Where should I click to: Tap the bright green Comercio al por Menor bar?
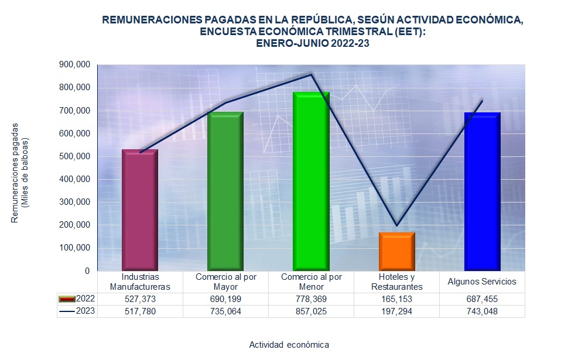coord(311,181)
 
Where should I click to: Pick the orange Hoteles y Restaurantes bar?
coord(396,251)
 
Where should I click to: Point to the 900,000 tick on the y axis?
coord(74,64)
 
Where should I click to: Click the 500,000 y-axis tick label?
coord(74,156)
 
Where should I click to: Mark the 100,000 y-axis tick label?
coord(74,248)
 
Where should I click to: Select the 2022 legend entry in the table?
coord(77,299)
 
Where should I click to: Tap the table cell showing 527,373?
coord(140,299)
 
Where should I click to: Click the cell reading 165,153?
coord(396,299)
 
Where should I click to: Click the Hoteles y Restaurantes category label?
coord(396,282)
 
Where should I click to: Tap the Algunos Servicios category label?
coord(482,282)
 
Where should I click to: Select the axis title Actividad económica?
coord(289,344)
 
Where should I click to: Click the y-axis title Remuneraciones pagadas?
coord(16,173)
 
